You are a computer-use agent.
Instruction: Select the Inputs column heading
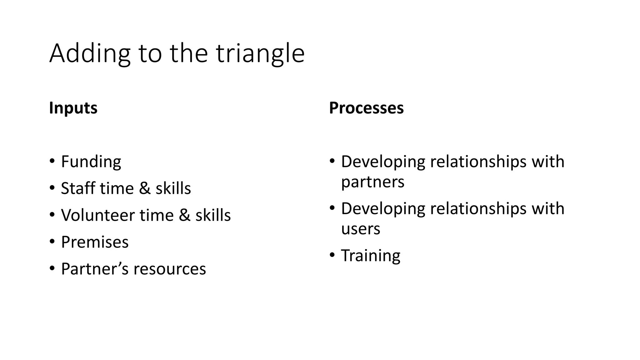click(73, 108)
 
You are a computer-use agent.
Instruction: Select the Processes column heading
click(366, 108)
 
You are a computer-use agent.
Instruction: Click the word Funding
click(91, 162)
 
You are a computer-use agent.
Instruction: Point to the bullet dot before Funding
click(52, 162)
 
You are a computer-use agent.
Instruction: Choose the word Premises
click(95, 242)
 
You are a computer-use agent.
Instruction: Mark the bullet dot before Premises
click(52, 242)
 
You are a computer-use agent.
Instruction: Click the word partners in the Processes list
click(372, 182)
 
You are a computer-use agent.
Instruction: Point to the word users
click(361, 229)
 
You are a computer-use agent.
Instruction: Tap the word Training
click(371, 256)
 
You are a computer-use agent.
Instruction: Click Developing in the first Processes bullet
click(383, 162)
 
